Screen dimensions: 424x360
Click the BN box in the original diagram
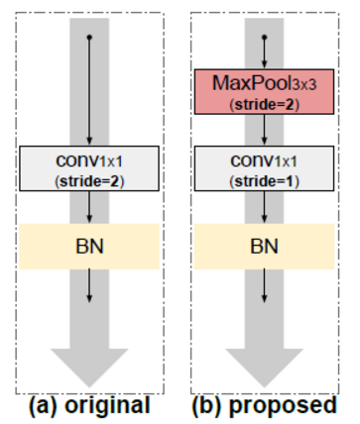tap(90, 245)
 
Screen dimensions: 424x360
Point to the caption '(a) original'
tap(91, 405)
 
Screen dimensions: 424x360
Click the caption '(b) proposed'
tap(266, 405)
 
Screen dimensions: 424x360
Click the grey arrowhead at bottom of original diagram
tap(90, 367)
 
